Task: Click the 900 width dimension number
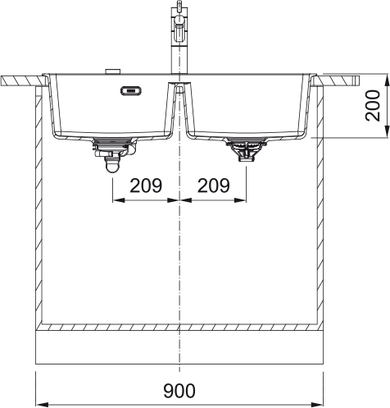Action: [x=179, y=391]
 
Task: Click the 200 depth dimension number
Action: [x=373, y=106]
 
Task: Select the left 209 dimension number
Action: [x=146, y=186]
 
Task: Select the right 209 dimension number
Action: [x=213, y=186]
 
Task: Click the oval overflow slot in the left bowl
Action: [x=131, y=90]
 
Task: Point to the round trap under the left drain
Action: [x=112, y=167]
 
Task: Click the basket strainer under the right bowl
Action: [x=246, y=150]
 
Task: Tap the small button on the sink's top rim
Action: [x=112, y=71]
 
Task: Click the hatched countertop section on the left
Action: [x=23, y=81]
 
